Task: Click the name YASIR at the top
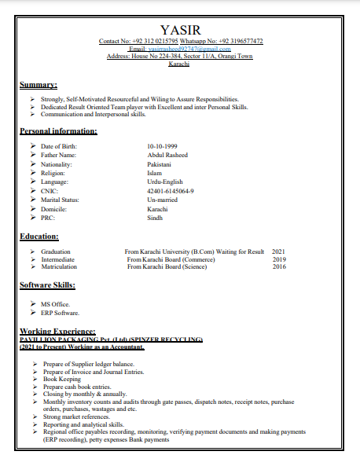coord(180,30)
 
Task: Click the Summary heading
coord(39,84)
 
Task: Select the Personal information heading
coord(58,131)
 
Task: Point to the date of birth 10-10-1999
coord(162,147)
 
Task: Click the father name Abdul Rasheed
coord(167,156)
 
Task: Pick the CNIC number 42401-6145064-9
coord(171,191)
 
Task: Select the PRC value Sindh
coord(155,218)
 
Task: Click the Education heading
coord(39,236)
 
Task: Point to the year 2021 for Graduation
coord(279,251)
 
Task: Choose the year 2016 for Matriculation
coord(279,266)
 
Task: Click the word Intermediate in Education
coord(58,259)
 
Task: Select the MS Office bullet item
coord(56,303)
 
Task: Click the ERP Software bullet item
coord(60,313)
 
